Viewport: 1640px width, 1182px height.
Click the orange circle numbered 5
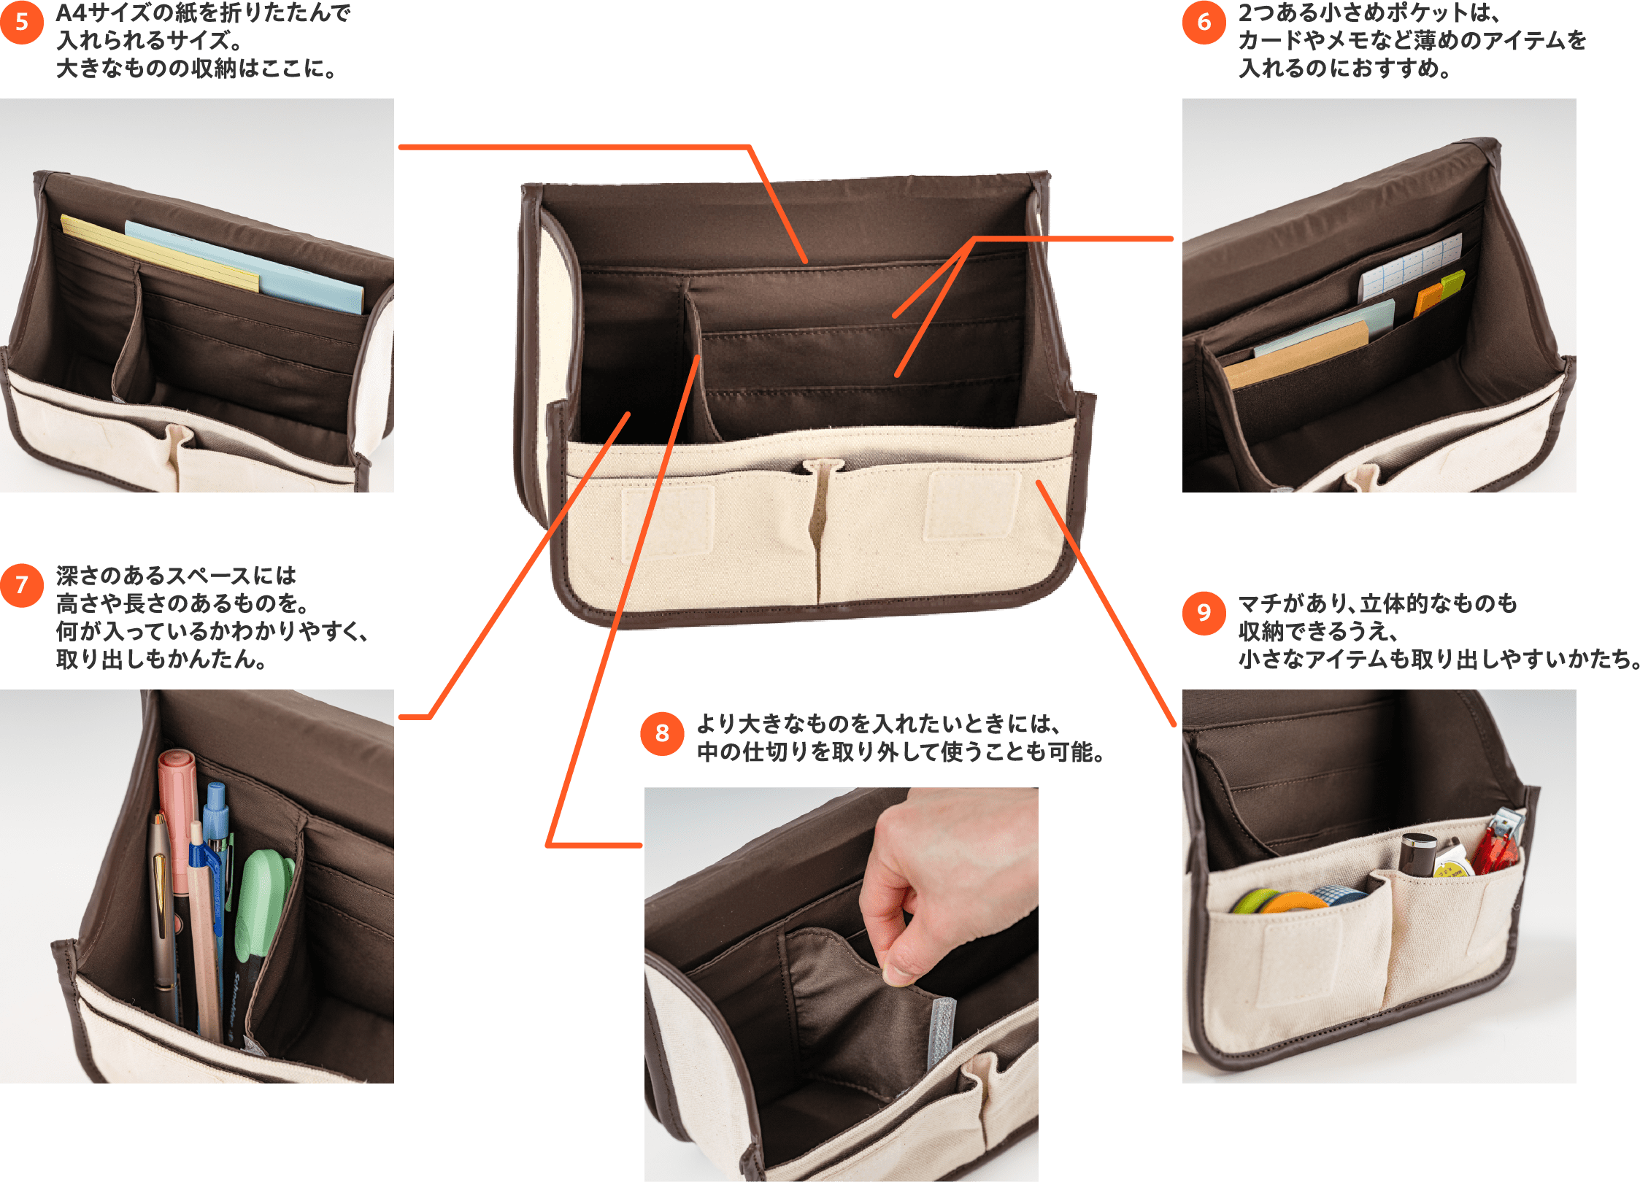[x=22, y=23]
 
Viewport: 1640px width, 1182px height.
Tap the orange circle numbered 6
[x=1204, y=23]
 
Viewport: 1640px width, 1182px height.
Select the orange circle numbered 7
[x=22, y=585]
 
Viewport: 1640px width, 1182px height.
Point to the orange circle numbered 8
[x=662, y=733]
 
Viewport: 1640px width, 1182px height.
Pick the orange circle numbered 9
[x=1204, y=613]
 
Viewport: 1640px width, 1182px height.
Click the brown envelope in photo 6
[x=1296, y=354]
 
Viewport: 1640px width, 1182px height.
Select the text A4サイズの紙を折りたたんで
[x=204, y=13]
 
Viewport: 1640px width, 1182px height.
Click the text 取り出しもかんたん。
[x=161, y=660]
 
